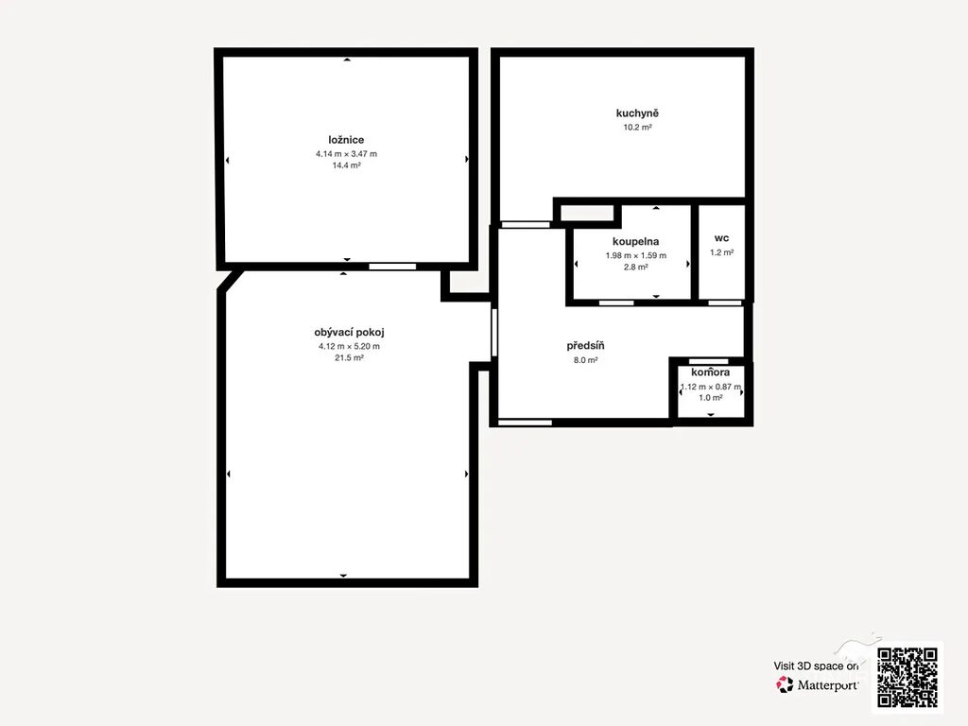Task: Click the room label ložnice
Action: (346, 140)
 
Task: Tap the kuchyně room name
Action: (637, 113)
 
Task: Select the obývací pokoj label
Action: (349, 332)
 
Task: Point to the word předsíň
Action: (585, 346)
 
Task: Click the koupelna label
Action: (636, 241)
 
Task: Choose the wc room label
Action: (721, 238)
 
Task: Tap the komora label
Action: (711, 372)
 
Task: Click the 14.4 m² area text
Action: (346, 165)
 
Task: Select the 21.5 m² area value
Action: (349, 358)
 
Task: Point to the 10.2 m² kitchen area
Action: (638, 128)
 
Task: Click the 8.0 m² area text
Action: (585, 360)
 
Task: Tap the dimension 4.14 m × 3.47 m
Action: (346, 154)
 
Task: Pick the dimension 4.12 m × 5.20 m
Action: (349, 346)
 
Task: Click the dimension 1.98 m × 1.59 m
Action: (636, 255)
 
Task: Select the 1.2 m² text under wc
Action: (721, 252)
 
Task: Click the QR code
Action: (907, 677)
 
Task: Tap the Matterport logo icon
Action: (785, 684)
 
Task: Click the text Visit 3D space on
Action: (816, 666)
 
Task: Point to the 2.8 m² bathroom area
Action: (636, 268)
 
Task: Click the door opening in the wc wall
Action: (724, 302)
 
